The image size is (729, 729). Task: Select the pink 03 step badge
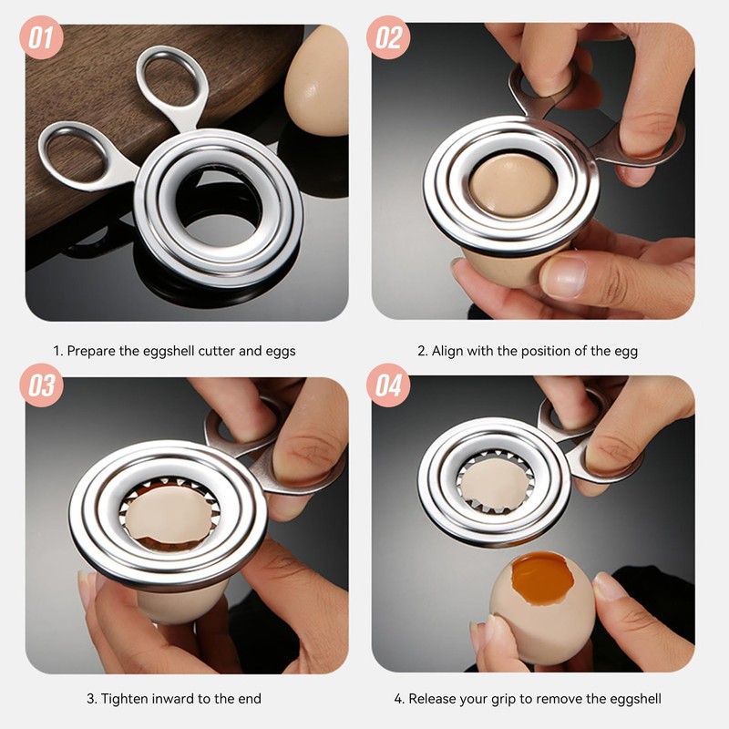pos(41,385)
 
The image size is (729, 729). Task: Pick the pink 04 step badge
pos(388,385)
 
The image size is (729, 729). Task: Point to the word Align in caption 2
pos(447,351)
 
